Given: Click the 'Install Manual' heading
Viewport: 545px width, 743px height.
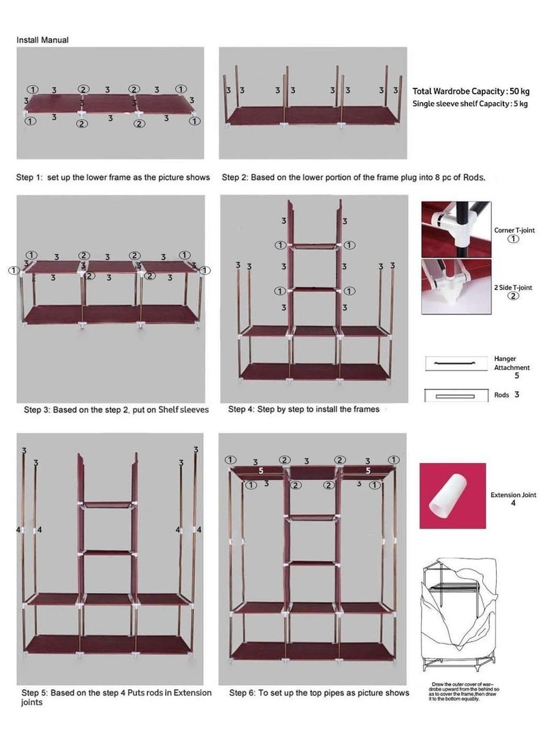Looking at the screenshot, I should [42, 40].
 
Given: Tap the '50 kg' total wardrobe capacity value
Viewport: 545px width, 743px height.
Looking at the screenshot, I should [519, 91].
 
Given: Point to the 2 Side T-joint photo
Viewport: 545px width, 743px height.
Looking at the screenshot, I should [455, 287].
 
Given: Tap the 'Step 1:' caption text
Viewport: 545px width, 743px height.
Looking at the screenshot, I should [30, 178].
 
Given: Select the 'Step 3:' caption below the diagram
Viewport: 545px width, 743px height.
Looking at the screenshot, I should [37, 410].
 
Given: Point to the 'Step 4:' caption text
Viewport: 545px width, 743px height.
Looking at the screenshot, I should [241, 410].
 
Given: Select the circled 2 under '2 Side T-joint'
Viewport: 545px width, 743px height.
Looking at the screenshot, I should [514, 296].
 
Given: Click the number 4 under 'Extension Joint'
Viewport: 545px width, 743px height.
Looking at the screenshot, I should [513, 504].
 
